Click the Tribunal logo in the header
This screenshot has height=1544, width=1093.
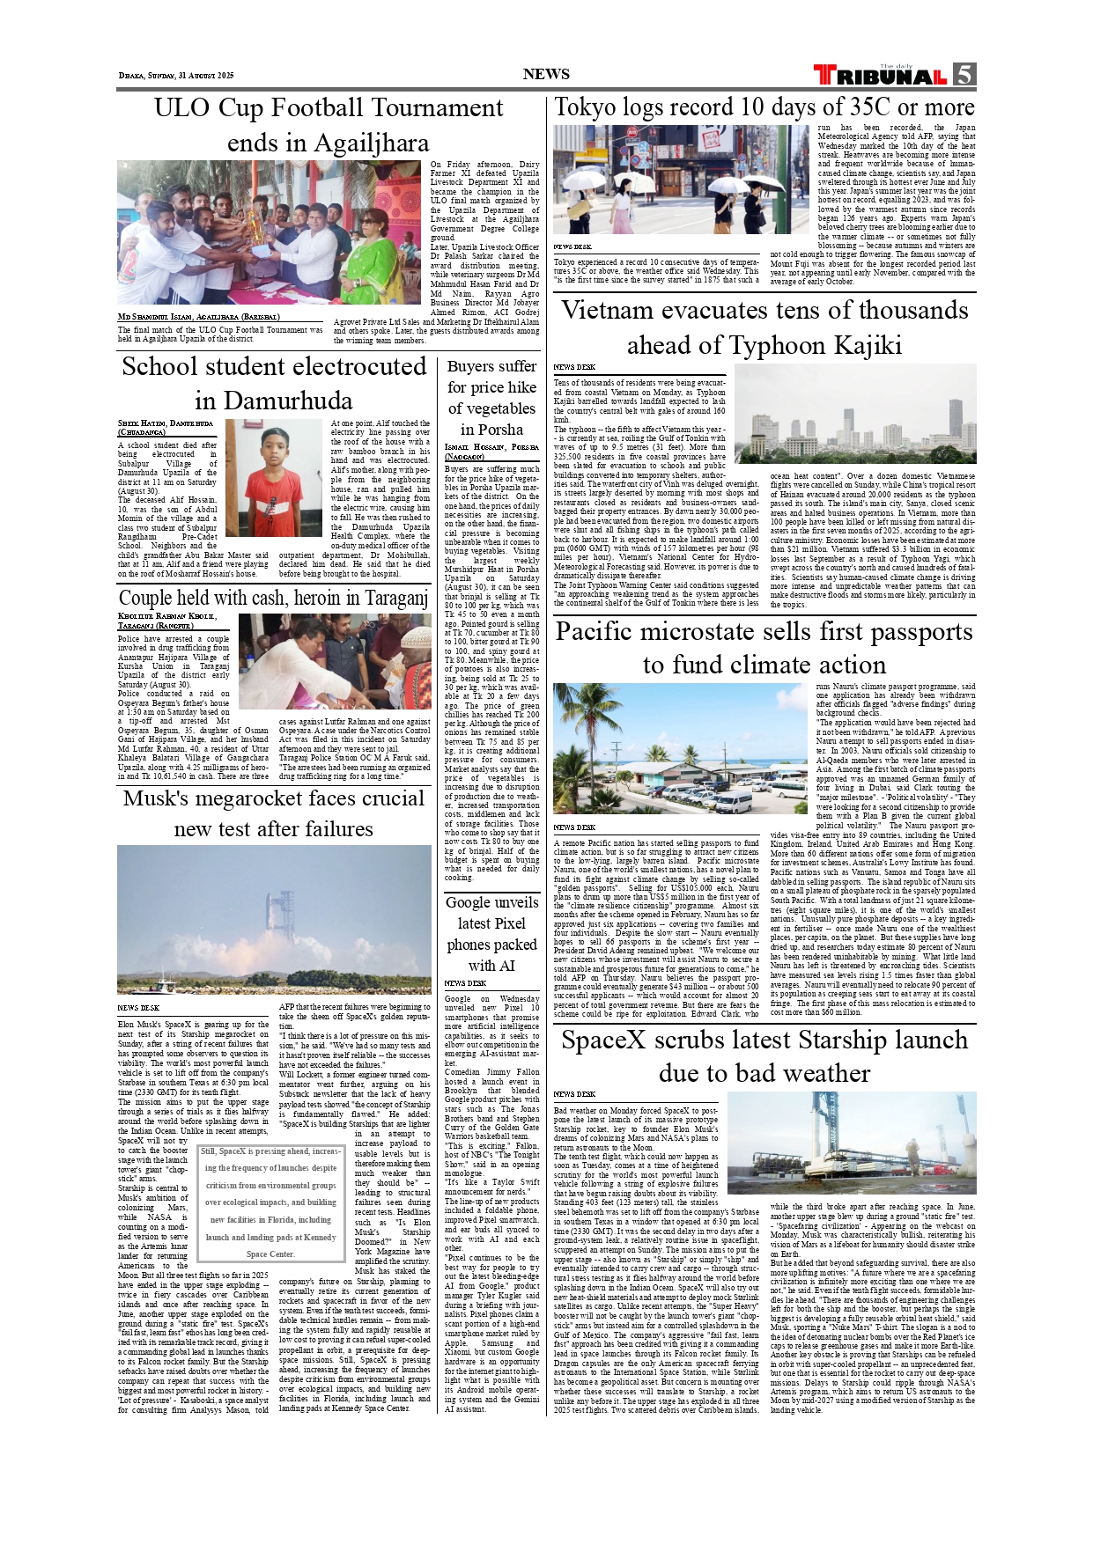click(881, 75)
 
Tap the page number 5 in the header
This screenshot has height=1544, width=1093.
click(964, 75)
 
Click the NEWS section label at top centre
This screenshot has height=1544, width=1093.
click(546, 75)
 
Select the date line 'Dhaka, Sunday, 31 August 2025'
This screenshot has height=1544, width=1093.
click(176, 76)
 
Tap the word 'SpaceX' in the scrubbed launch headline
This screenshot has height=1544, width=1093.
click(608, 1040)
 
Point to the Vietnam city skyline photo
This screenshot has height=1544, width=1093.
click(854, 414)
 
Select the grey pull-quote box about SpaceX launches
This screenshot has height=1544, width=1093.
click(270, 1202)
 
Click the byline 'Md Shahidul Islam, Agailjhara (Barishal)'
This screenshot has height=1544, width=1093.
click(199, 317)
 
